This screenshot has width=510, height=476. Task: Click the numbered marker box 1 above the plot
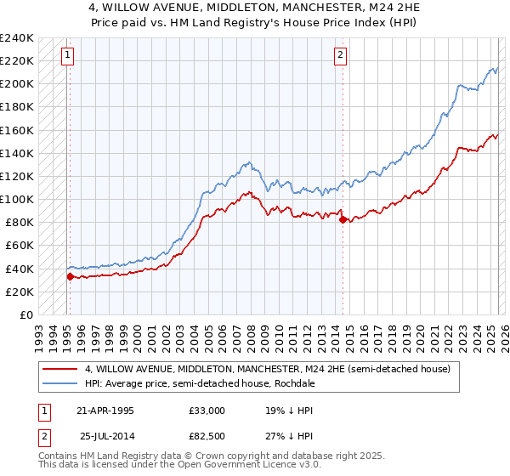[x=67, y=55]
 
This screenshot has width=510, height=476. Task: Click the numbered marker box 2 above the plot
[x=340, y=55]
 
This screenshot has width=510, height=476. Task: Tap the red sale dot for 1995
[x=70, y=276]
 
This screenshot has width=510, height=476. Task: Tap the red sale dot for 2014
[x=343, y=219]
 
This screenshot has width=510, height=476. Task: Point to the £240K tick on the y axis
[x=17, y=38]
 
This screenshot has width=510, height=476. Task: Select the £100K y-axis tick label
[x=17, y=199]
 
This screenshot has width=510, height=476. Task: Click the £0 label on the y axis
[x=25, y=314]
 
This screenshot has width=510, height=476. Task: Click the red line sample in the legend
[x=59, y=369]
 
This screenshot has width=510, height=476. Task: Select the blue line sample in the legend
[x=59, y=383]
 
